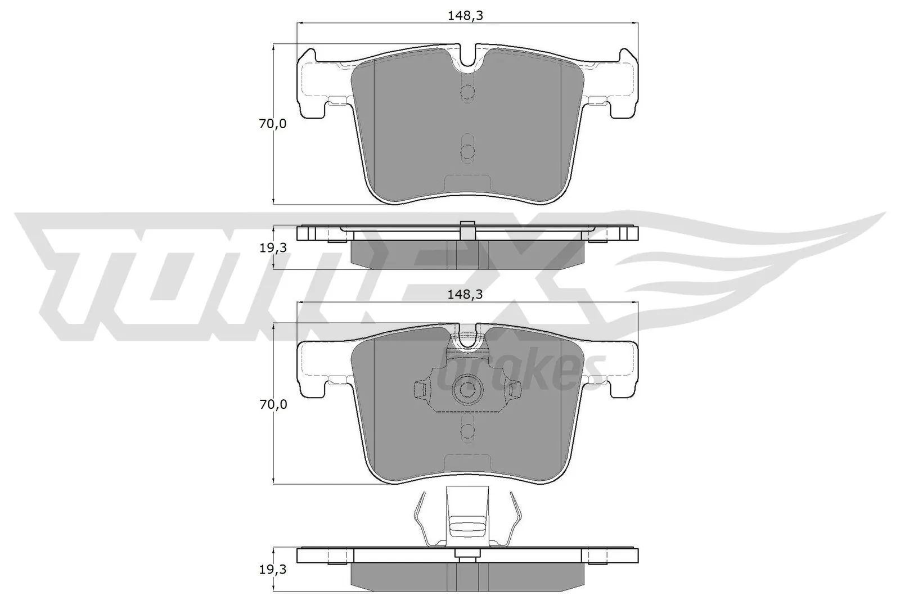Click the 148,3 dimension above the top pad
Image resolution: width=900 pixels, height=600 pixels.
[465, 16]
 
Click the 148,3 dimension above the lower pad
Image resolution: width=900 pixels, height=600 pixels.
[465, 294]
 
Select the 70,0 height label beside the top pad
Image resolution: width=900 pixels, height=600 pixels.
[272, 124]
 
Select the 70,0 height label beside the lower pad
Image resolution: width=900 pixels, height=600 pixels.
[272, 404]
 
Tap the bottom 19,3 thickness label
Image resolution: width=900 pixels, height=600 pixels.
[272, 570]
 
